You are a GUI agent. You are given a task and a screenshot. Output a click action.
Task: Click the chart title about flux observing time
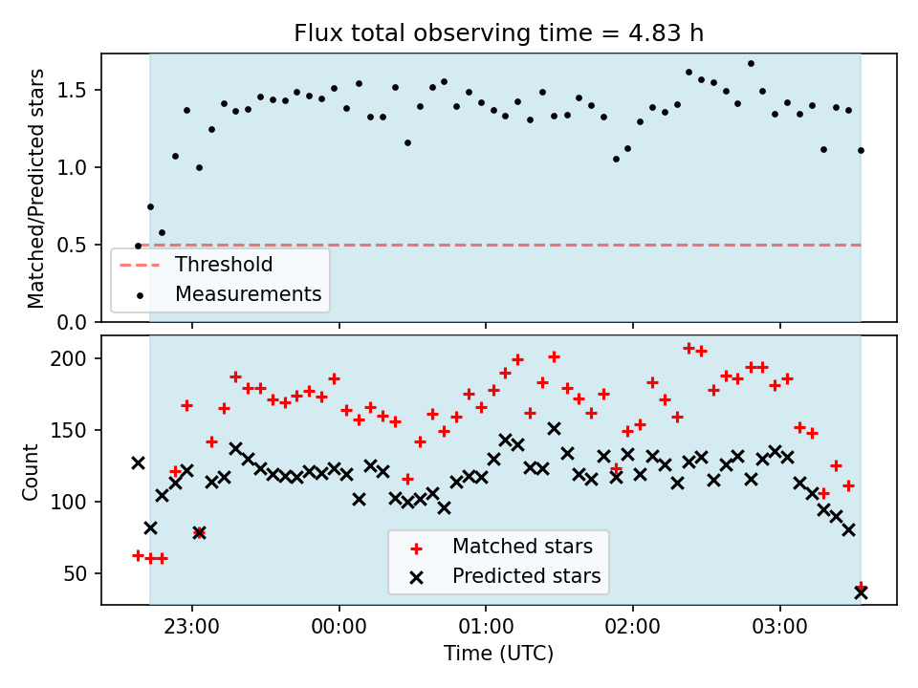pyautogui.click(x=499, y=32)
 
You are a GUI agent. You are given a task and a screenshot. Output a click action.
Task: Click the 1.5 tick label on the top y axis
pyautogui.click(x=72, y=90)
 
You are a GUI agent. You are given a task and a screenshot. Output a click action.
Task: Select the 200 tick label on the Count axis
pyautogui.click(x=68, y=358)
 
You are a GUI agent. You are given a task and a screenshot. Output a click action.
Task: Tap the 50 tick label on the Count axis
pyautogui.click(x=75, y=574)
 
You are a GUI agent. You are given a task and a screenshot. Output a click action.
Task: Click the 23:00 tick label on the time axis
pyautogui.click(x=192, y=627)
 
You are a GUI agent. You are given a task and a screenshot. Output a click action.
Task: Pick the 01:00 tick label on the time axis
pyautogui.click(x=486, y=627)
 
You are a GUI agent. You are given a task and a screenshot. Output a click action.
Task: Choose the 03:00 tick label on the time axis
pyautogui.click(x=780, y=627)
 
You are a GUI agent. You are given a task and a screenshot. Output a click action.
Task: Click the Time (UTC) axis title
pyautogui.click(x=499, y=653)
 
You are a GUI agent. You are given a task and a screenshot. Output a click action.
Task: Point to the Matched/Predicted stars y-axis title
pyautogui.click(x=35, y=188)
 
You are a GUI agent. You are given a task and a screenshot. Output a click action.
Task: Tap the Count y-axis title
pyautogui.click(x=30, y=472)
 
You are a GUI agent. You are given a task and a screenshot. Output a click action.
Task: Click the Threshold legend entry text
pyautogui.click(x=224, y=265)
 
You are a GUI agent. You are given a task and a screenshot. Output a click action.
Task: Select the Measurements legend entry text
pyautogui.click(x=249, y=293)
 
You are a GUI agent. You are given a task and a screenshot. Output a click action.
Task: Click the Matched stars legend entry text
pyautogui.click(x=523, y=547)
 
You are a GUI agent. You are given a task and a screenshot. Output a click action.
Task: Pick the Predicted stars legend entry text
pyautogui.click(x=527, y=576)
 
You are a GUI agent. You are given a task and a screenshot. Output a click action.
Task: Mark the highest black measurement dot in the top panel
pyautogui.click(x=752, y=63)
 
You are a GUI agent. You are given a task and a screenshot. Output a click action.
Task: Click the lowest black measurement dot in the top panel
pyautogui.click(x=138, y=247)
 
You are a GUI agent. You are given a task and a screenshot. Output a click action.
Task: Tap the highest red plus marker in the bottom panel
pyautogui.click(x=689, y=349)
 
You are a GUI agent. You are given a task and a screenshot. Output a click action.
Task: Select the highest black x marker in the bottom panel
pyautogui.click(x=554, y=429)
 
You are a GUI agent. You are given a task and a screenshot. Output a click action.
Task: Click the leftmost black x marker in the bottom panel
pyautogui.click(x=138, y=463)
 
